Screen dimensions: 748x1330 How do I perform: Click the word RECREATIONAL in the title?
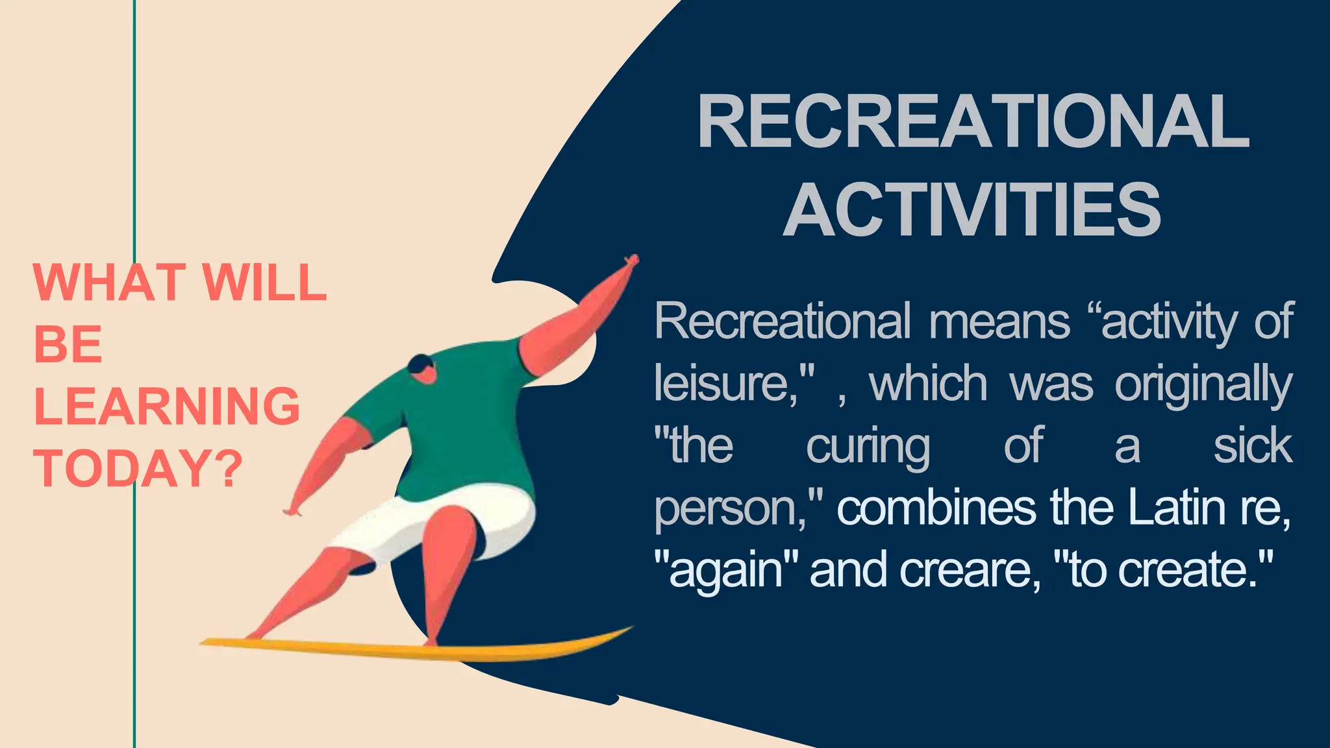973,122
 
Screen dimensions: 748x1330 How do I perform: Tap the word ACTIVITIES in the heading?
972,210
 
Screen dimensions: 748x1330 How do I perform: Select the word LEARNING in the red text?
167,406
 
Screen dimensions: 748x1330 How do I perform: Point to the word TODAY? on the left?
138,468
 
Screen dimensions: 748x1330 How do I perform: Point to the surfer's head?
422,369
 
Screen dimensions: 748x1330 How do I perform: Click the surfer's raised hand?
630,261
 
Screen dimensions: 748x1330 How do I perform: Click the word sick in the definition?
1253,446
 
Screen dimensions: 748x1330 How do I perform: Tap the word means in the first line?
999,321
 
